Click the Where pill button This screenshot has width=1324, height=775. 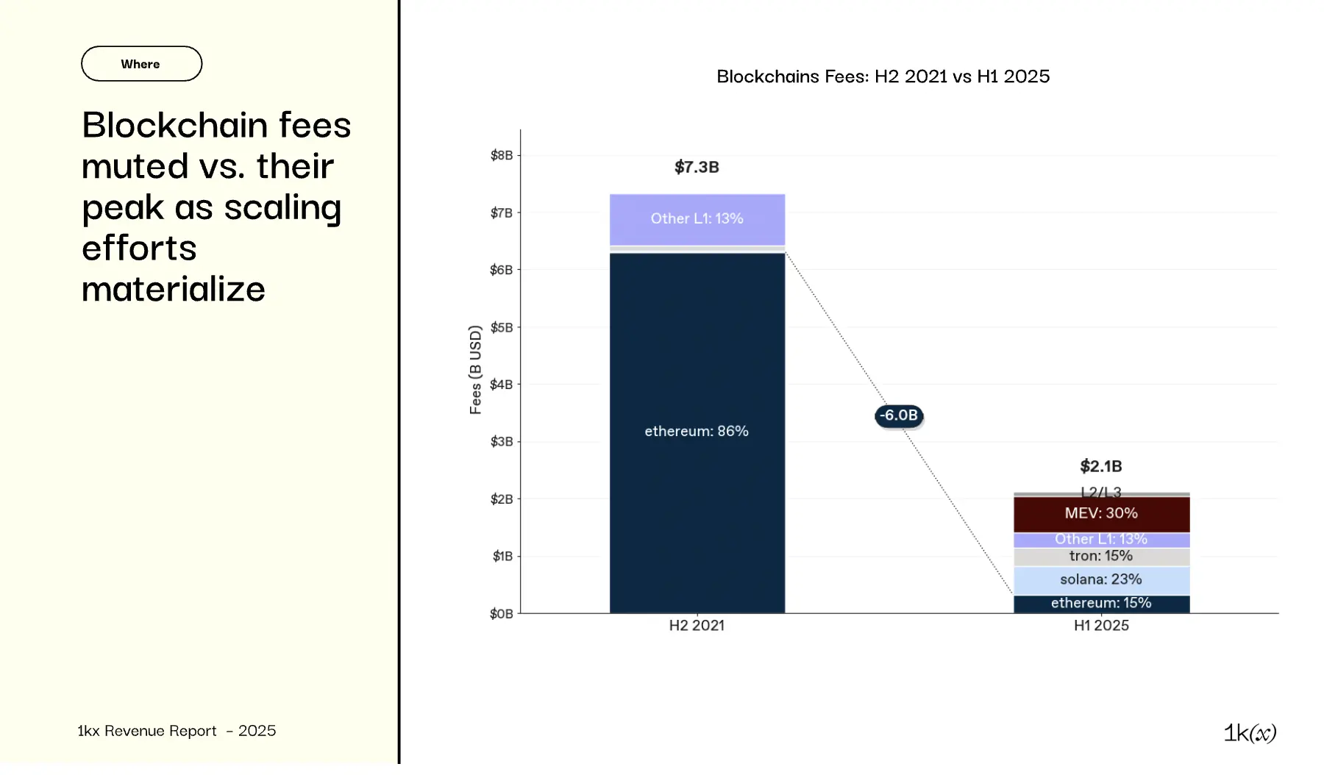(141, 64)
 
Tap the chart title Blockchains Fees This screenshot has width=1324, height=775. (883, 76)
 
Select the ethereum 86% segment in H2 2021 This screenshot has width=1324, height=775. (697, 432)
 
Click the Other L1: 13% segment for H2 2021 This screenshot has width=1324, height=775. (697, 219)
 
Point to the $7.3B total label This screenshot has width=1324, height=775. (697, 167)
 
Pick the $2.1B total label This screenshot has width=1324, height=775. (1100, 466)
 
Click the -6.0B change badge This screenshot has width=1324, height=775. (898, 415)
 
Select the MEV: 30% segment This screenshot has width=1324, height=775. (1101, 514)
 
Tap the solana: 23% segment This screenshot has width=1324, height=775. (1101, 580)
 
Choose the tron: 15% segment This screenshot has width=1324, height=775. (1101, 557)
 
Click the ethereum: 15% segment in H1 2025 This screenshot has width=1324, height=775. (1101, 604)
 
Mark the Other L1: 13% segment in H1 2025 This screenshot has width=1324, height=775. (1101, 540)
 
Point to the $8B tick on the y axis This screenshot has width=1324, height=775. (502, 155)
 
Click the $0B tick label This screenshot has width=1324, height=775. (502, 614)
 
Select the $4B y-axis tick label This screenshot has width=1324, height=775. (502, 385)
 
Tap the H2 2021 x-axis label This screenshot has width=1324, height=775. (697, 626)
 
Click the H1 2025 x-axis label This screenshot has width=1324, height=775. (1101, 626)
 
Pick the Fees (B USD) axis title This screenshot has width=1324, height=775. (475, 370)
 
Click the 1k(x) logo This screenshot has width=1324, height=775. (1250, 733)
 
